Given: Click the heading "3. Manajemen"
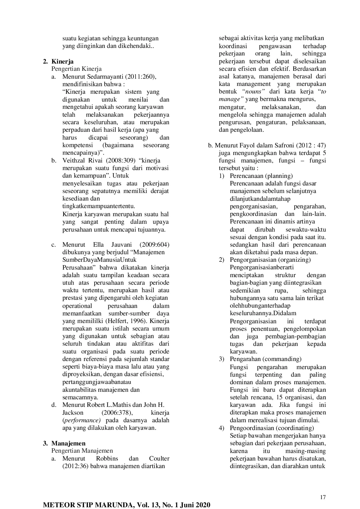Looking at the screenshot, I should coord(64,443).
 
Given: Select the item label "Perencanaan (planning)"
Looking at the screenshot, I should coord(261,176).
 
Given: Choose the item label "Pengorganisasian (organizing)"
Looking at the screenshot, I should coord(270,260).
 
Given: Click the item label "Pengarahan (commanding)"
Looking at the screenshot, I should coord(265,359).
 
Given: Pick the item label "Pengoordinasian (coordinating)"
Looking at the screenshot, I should coord(272,428).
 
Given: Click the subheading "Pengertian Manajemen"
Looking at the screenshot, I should coord(82,451).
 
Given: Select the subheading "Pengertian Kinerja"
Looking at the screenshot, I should coord(76,69).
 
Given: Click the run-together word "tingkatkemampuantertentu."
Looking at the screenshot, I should coord(99,206).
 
